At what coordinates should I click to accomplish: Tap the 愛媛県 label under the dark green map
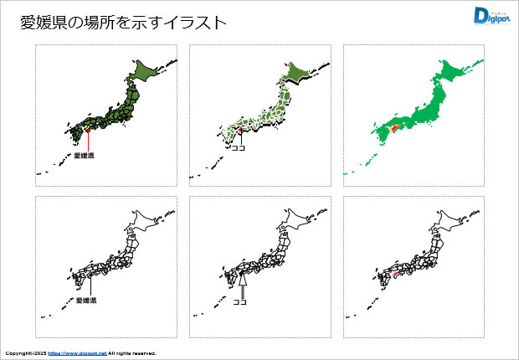click(85, 156)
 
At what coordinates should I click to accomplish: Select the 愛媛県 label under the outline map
click(86, 300)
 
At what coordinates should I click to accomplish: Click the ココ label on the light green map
click(238, 148)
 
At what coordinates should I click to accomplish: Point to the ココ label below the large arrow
click(240, 304)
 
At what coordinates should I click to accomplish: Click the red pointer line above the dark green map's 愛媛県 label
click(86, 141)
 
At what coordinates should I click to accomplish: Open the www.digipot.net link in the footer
click(78, 353)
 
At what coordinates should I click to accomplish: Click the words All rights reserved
click(132, 353)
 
